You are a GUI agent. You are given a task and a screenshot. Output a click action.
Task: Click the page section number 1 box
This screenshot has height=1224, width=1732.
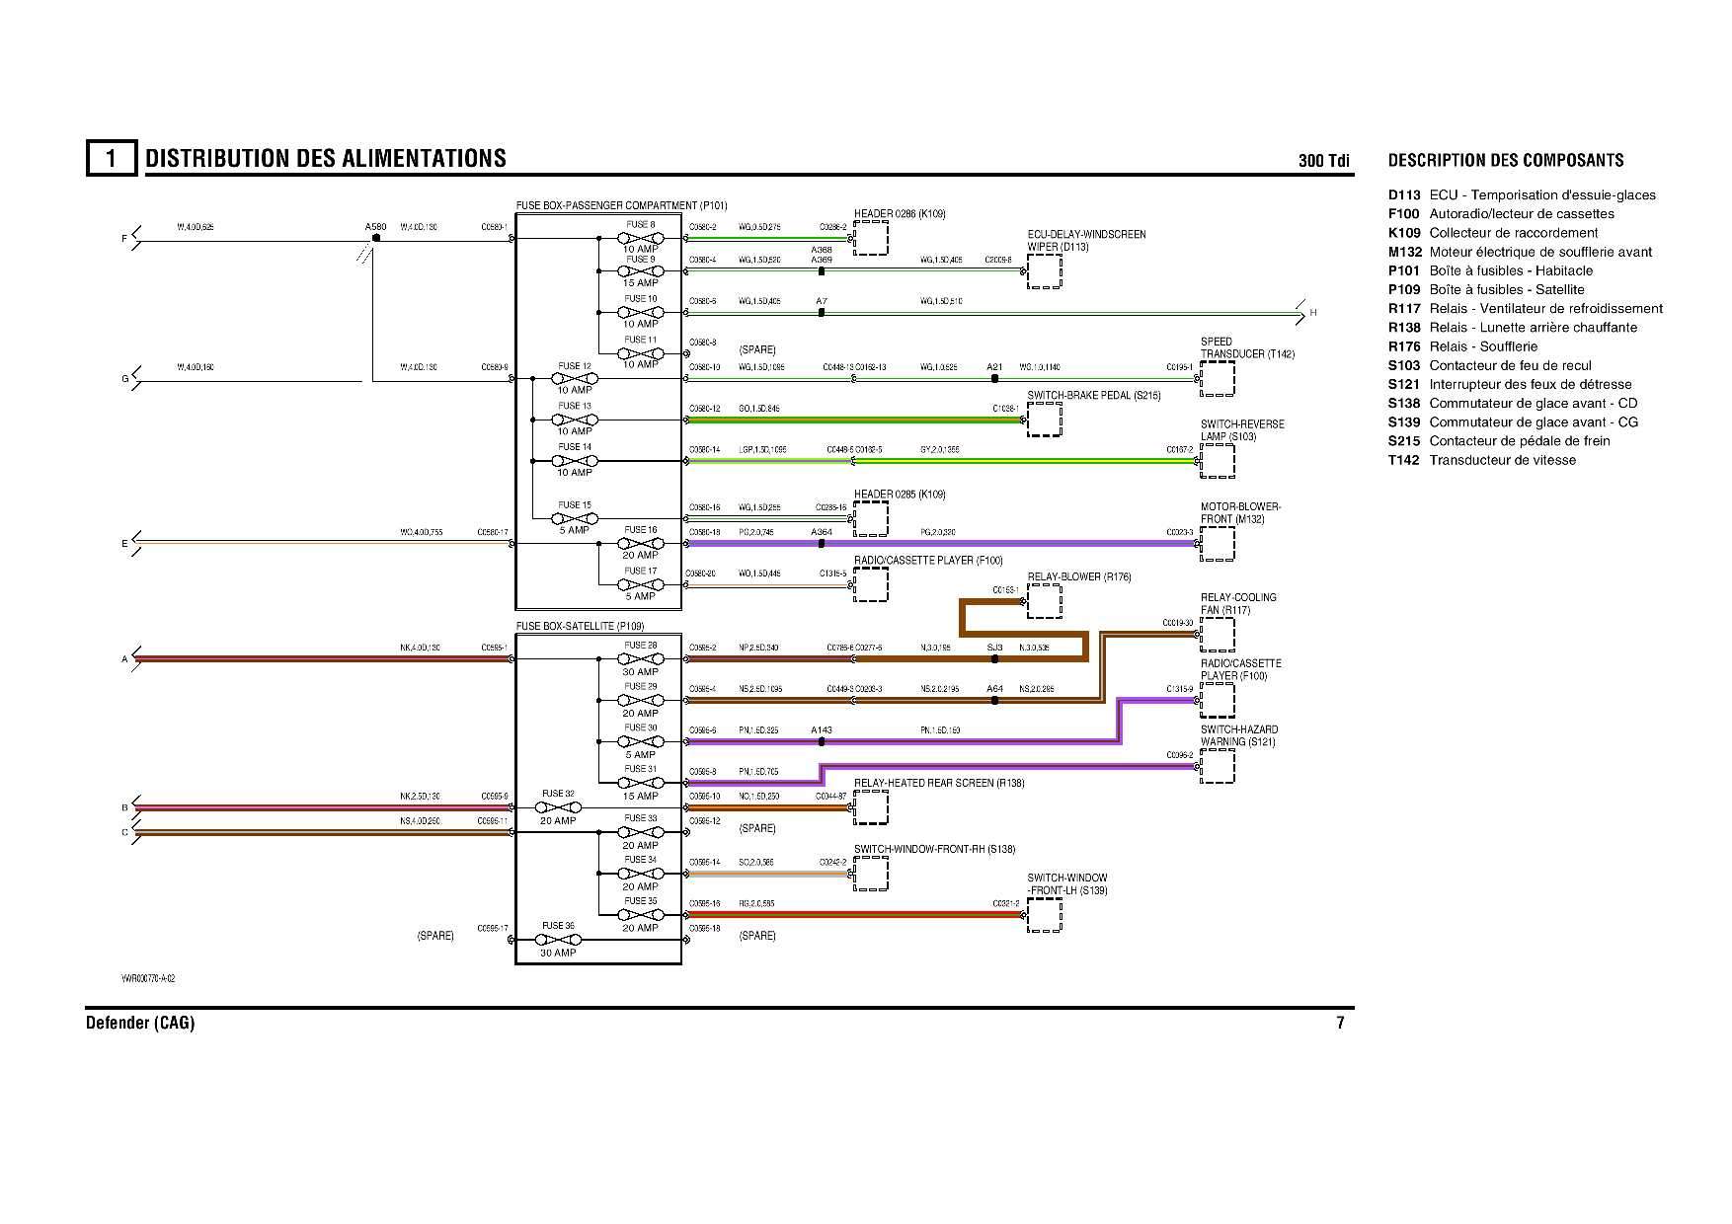(x=111, y=158)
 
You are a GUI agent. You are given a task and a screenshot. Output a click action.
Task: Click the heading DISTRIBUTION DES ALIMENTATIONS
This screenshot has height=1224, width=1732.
(x=326, y=159)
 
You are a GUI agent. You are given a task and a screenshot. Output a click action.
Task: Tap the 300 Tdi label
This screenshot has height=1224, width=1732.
(x=1323, y=161)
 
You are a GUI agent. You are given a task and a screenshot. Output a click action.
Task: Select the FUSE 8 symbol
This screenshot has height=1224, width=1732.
(x=640, y=238)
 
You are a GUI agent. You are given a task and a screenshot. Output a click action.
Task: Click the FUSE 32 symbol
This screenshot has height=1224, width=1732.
(x=558, y=807)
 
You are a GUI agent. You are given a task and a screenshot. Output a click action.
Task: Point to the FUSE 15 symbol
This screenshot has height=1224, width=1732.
(x=575, y=517)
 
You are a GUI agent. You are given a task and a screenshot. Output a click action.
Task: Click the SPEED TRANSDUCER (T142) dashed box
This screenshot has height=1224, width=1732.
(x=1218, y=378)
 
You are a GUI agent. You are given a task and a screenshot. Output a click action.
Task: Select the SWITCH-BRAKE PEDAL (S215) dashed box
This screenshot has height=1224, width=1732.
(x=1045, y=420)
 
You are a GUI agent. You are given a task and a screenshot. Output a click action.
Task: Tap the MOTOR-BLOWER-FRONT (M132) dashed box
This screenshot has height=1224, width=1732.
(x=1218, y=544)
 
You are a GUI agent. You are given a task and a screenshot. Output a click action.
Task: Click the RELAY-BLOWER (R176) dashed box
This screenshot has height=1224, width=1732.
(x=1045, y=601)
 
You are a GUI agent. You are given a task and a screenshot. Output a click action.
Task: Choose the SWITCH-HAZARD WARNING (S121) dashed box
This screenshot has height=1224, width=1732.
(x=1218, y=766)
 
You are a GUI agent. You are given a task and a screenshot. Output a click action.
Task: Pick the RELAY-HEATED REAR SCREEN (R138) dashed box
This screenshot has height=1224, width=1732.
(x=871, y=807)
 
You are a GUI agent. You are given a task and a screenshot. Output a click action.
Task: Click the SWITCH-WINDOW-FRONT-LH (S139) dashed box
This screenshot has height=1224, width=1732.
(x=1045, y=914)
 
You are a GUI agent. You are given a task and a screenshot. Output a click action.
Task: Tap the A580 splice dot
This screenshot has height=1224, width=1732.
(x=376, y=238)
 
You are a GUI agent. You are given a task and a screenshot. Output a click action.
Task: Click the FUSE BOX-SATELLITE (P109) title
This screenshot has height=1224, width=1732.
(x=580, y=626)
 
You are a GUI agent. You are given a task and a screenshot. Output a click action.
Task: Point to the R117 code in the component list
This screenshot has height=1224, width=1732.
(x=1403, y=309)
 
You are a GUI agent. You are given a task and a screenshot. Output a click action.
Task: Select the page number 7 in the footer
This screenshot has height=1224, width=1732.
(x=1340, y=1023)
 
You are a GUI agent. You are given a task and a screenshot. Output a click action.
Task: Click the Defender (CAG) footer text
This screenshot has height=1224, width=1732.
(x=140, y=1023)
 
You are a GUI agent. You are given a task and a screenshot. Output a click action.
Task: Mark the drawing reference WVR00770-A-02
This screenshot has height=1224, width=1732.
(x=148, y=978)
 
